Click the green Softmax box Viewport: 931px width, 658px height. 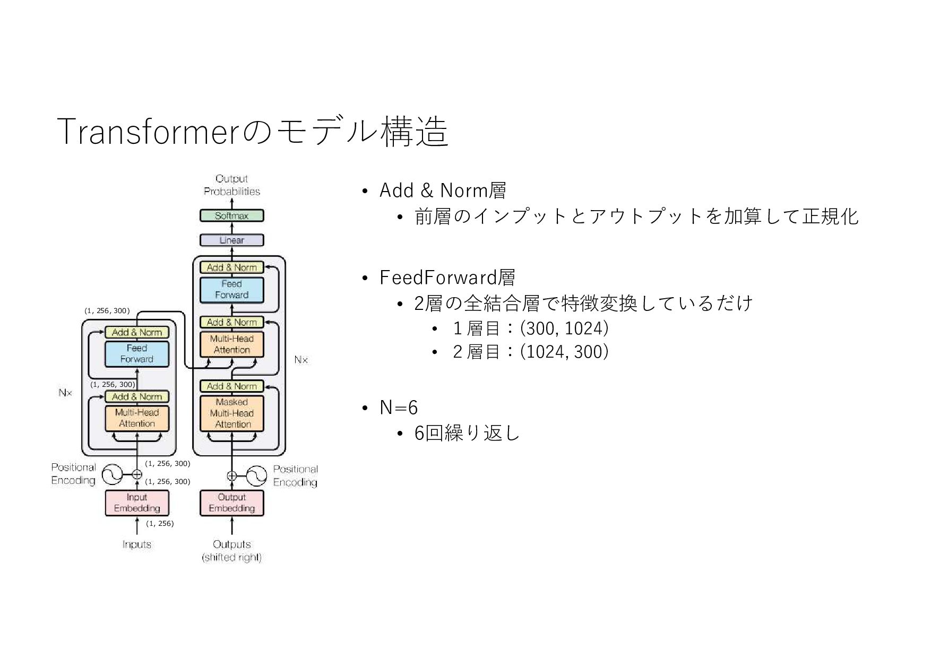[231, 215]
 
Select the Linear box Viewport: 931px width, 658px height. [231, 240]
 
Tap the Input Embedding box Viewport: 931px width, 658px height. [136, 503]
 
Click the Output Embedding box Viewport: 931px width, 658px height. [231, 503]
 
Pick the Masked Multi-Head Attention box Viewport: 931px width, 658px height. [232, 413]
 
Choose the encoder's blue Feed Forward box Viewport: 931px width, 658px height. [136, 353]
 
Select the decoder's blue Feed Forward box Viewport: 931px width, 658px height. [231, 289]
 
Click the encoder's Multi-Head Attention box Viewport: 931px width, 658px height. [137, 418]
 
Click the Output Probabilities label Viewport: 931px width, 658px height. [232, 185]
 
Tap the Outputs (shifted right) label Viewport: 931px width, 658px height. [232, 550]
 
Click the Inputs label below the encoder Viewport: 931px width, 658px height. [136, 544]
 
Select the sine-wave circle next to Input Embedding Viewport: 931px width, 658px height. [112, 474]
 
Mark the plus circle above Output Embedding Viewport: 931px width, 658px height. [232, 475]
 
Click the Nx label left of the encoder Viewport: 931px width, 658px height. [65, 393]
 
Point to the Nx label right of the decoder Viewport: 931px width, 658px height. [301, 360]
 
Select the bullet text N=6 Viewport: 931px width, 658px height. [399, 408]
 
